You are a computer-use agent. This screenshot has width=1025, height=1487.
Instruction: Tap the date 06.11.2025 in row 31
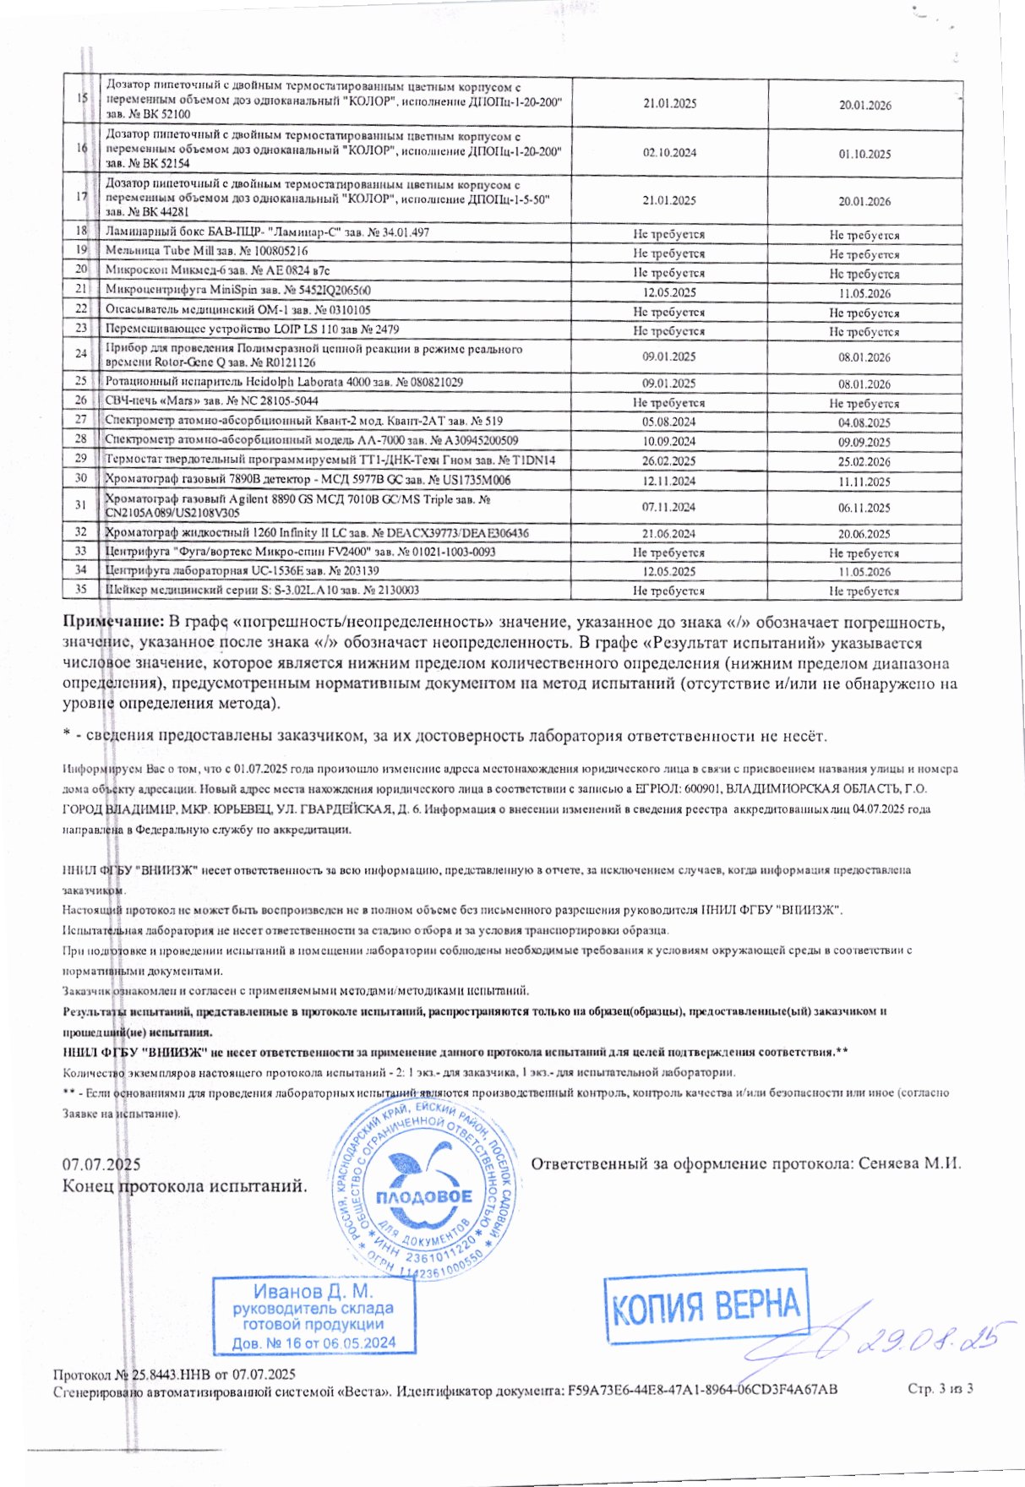(x=864, y=508)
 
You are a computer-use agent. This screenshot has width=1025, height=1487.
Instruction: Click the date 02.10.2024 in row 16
(x=669, y=153)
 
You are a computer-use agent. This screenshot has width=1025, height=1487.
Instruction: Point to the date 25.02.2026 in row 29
(x=864, y=462)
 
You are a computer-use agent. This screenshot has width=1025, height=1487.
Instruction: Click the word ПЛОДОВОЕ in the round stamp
(x=423, y=1197)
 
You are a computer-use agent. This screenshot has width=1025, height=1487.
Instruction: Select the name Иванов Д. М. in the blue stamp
(x=313, y=1292)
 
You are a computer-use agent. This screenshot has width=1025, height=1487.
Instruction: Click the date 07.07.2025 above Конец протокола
(x=101, y=1165)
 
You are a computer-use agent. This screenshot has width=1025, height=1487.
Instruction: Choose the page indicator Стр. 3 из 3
(x=940, y=1389)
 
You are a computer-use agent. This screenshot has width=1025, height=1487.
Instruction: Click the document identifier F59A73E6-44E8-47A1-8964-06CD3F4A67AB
(x=703, y=1389)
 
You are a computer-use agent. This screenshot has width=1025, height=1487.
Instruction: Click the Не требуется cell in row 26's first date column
(x=669, y=403)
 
